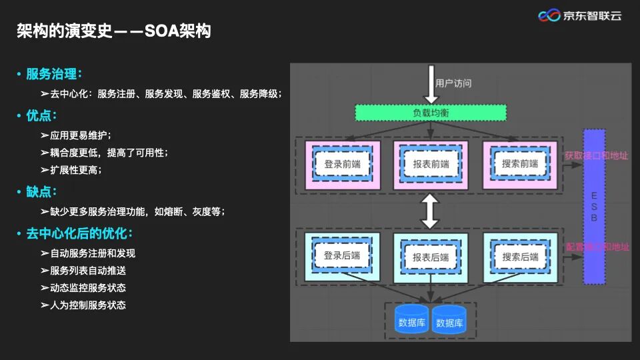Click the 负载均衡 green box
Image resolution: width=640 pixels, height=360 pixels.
point(430,113)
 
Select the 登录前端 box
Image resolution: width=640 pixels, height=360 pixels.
point(342,164)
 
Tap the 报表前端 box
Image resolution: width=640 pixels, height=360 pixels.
point(430,164)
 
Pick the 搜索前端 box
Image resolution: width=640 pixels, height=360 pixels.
point(520,164)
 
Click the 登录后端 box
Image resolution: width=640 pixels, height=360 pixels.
point(342,256)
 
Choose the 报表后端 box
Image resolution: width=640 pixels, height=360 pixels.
point(430,256)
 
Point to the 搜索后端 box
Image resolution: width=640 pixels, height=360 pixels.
point(520,256)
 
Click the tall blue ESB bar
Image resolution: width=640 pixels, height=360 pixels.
point(594,207)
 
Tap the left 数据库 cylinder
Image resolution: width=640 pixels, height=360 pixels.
point(411,321)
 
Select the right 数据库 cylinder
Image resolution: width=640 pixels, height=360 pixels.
point(449,321)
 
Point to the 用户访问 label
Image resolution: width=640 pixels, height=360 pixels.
point(453,83)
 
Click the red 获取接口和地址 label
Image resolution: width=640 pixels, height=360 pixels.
point(596,155)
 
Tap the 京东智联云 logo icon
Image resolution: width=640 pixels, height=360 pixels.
point(549,15)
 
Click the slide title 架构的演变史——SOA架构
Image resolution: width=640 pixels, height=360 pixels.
point(113,31)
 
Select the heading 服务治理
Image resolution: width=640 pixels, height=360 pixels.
point(53,74)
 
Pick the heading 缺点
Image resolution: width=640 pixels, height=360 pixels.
point(41,192)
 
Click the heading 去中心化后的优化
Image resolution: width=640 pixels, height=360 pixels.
point(79,234)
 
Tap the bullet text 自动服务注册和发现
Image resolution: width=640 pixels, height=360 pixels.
point(93,253)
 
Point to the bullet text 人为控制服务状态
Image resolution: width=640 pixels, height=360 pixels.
point(88,305)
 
